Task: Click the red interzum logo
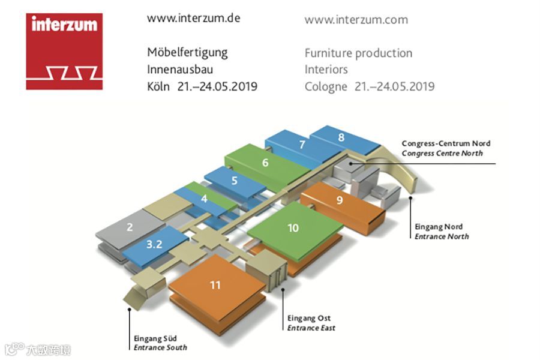tap(64, 52)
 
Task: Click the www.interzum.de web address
tap(193, 18)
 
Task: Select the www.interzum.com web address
tap(356, 20)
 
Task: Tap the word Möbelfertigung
tap(187, 52)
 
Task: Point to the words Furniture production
tap(358, 53)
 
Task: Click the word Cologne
tap(326, 86)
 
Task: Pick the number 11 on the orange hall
tap(215, 285)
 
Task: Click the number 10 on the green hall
tap(293, 228)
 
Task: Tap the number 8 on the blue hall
tap(341, 137)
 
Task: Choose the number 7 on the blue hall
tap(302, 145)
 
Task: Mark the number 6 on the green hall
tap(265, 162)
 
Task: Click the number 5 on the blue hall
tap(234, 180)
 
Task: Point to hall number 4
tap(205, 198)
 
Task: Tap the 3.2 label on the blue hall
tap(154, 244)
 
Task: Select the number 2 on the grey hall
tap(130, 227)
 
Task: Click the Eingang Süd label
tap(155, 338)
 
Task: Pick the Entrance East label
tap(311, 328)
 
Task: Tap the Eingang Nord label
tap(439, 227)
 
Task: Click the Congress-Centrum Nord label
tap(446, 143)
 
